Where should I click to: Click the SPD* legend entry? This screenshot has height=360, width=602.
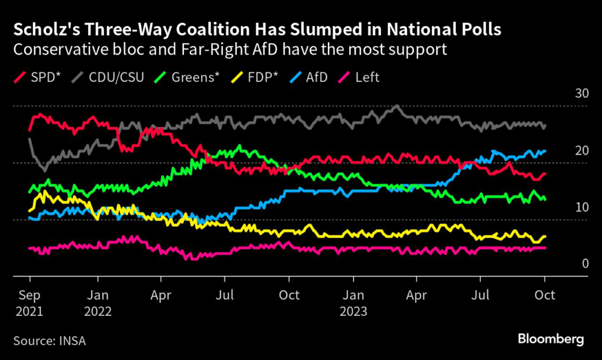click(40, 77)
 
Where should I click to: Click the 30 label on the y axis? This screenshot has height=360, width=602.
click(565, 94)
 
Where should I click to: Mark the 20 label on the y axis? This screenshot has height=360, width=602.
click(565, 151)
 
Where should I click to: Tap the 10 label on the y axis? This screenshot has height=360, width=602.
click(565, 207)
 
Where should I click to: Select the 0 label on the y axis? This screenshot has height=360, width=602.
click(568, 264)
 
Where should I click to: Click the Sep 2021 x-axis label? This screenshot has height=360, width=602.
click(29, 302)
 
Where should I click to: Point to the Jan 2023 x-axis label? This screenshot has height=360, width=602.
click(353, 302)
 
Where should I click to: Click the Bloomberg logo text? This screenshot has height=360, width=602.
click(550, 339)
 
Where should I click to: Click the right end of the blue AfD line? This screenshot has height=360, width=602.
click(545, 151)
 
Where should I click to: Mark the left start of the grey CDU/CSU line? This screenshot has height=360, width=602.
click(29, 139)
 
